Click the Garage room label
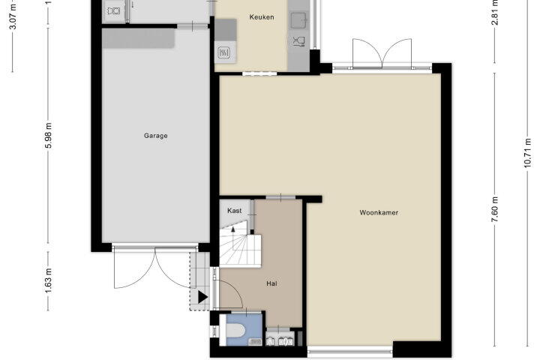coord(156,136)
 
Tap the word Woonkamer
coord(379,212)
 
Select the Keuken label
coord(262,17)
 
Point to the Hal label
coord(271,283)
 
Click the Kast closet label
coord(235,211)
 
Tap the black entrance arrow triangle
coord(202,297)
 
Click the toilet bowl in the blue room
coord(236,331)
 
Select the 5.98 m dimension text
coord(48,136)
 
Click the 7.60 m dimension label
coord(495,209)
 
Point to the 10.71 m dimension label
coord(527,153)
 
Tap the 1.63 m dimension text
coord(48,280)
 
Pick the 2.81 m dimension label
coord(495,13)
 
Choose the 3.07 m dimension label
coord(13,16)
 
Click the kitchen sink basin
coord(298,20)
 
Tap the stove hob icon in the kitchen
coord(224,52)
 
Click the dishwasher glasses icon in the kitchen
coord(299,41)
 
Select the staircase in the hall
coord(240,244)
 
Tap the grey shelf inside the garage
coord(139,38)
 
